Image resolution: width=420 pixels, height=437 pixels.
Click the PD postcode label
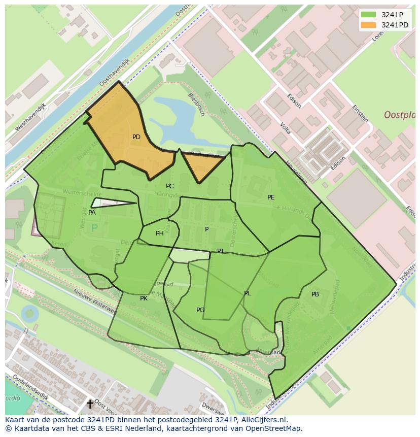(136, 137)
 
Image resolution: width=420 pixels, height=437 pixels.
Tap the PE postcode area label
(271, 197)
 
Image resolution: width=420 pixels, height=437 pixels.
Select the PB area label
(315, 294)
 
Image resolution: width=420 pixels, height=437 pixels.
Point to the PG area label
(200, 310)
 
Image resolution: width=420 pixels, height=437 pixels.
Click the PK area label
(144, 298)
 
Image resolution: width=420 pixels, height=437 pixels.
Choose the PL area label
(247, 293)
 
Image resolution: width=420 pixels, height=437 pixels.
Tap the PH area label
(160, 233)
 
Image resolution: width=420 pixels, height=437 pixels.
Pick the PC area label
(169, 186)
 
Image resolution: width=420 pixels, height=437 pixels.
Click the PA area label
(92, 213)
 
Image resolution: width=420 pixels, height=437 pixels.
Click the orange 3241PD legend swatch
(368, 25)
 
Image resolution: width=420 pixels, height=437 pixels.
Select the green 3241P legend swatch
(368, 15)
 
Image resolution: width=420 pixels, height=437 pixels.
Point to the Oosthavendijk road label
(114, 71)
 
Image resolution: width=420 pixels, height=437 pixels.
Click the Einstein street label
(361, 113)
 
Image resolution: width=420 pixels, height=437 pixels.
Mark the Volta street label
(285, 127)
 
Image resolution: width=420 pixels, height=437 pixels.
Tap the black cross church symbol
(90, 404)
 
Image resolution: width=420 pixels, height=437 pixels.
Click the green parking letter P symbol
(94, 228)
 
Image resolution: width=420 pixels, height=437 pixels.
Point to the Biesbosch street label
(196, 104)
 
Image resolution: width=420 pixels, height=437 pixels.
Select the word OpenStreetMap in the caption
(275, 428)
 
